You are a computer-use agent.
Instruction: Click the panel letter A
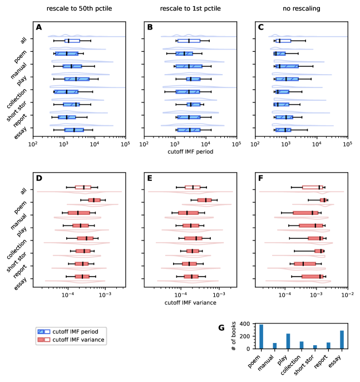point(39,27)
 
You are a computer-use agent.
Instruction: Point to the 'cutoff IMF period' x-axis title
point(190,151)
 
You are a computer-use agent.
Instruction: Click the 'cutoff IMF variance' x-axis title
point(190,303)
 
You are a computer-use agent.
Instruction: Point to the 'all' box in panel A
point(72,41)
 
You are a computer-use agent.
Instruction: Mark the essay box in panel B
point(188,130)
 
